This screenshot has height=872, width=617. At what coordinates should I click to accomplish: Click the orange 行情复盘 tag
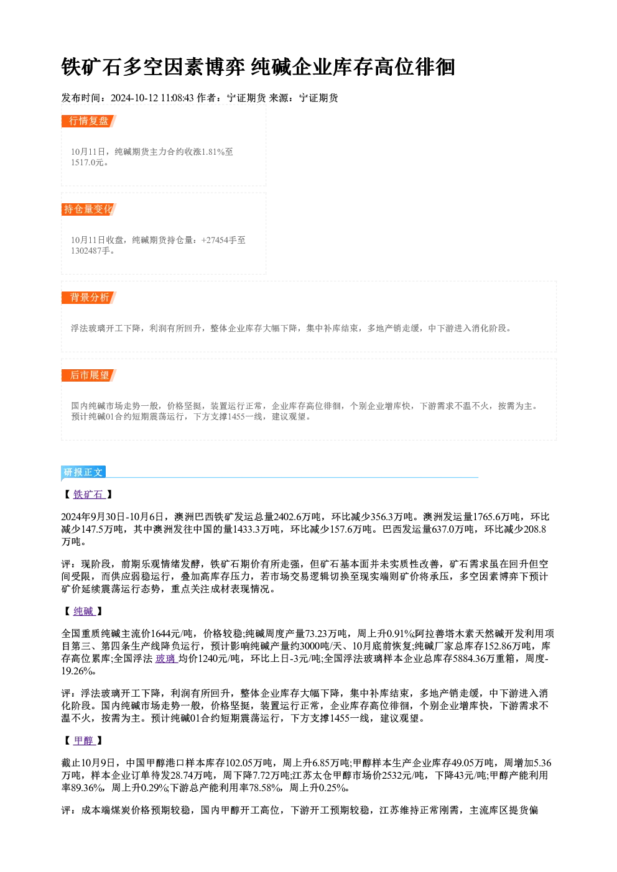click(x=89, y=121)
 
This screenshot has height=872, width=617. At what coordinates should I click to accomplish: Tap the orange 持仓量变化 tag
click(x=89, y=209)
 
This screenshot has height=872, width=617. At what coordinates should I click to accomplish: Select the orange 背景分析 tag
click(x=89, y=298)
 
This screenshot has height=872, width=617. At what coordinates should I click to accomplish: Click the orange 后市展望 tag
click(x=89, y=375)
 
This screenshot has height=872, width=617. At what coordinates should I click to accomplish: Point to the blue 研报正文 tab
click(x=83, y=472)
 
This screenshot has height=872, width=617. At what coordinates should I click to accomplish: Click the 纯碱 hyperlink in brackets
click(x=84, y=611)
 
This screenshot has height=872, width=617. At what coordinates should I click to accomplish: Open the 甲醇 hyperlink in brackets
click(x=84, y=740)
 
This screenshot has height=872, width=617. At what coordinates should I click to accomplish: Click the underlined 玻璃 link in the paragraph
click(x=167, y=659)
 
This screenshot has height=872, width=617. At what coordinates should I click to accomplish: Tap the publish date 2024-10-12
click(x=134, y=98)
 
